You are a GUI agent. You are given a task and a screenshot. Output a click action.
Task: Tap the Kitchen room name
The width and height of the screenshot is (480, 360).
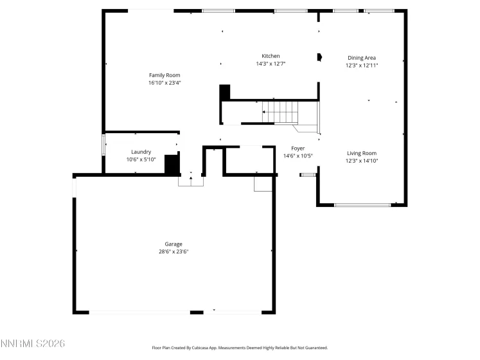[x=271, y=56]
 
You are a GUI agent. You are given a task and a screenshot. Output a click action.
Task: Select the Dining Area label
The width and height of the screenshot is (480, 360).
[x=362, y=58]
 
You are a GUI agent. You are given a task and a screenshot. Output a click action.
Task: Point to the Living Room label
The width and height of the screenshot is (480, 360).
[x=362, y=153]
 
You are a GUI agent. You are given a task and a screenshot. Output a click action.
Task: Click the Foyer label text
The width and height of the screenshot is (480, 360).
[x=298, y=148]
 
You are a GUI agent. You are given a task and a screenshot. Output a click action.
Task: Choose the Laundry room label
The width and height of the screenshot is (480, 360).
[x=141, y=152]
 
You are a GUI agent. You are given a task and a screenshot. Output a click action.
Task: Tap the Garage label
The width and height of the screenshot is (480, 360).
[x=173, y=244]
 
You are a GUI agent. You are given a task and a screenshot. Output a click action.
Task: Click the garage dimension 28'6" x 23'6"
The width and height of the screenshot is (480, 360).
[x=173, y=251]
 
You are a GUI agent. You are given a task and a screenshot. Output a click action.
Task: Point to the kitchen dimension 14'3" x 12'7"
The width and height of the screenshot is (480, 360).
[x=271, y=64]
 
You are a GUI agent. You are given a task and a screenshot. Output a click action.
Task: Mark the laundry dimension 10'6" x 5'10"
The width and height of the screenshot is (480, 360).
[x=141, y=159]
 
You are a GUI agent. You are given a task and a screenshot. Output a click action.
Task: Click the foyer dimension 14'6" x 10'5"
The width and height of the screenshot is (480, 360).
[x=298, y=156]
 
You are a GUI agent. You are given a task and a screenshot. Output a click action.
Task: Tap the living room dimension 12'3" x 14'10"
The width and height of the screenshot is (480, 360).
[x=362, y=161]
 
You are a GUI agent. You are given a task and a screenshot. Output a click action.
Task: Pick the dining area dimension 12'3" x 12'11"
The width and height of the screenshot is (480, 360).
[x=362, y=66]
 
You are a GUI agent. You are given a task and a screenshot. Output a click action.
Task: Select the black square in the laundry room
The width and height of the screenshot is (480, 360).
[x=172, y=164]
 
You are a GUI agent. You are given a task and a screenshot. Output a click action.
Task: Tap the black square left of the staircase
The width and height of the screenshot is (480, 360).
[x=224, y=93]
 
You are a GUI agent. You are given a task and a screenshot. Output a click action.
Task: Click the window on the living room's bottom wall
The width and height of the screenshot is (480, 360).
[x=362, y=205]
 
